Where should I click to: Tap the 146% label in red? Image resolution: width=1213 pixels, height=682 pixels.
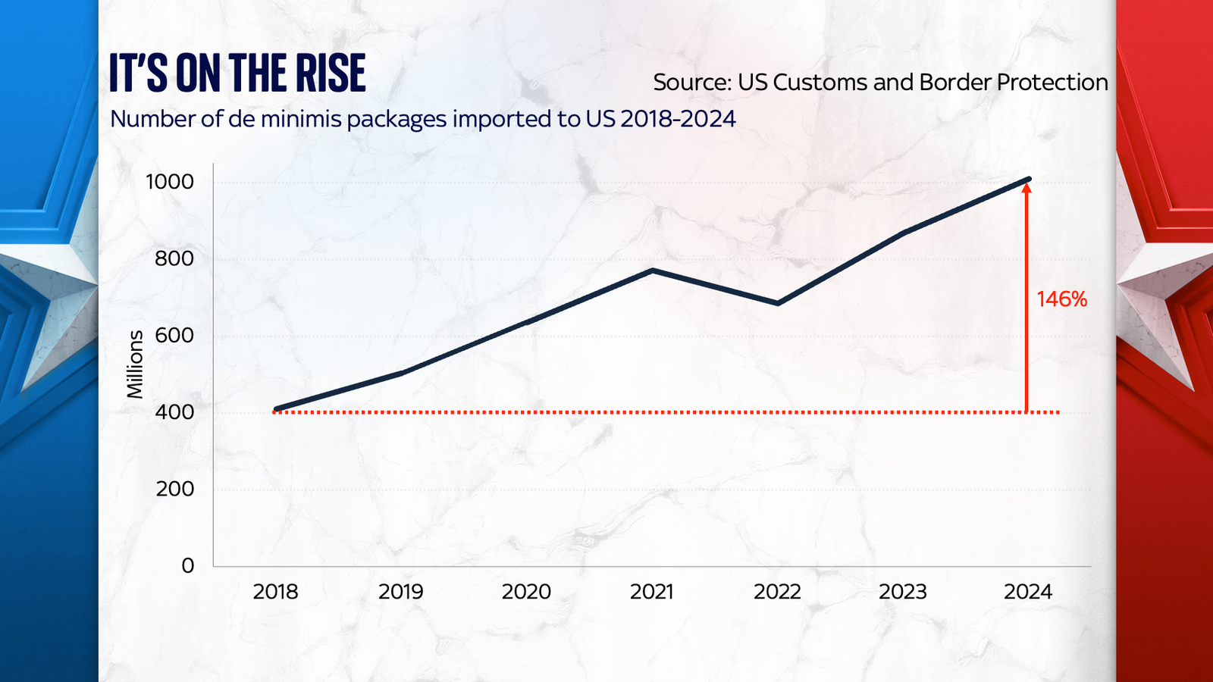(1061, 299)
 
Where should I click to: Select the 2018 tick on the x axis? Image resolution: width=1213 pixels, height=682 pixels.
(275, 592)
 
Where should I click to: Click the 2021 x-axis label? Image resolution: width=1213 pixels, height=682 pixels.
(651, 592)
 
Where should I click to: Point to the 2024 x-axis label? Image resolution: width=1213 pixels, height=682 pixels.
(1027, 592)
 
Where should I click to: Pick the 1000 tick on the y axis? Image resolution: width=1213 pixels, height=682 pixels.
(170, 182)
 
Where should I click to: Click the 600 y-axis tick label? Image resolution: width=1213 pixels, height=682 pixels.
(174, 335)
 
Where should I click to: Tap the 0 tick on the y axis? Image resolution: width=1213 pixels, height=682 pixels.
(187, 565)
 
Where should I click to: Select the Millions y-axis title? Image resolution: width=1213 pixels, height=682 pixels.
(135, 364)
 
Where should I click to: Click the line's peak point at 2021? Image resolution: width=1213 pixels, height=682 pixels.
(653, 271)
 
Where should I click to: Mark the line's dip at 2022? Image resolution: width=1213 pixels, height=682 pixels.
(778, 303)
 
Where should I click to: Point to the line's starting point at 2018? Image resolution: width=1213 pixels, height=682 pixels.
(277, 409)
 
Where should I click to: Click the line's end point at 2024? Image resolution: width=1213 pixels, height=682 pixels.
(1028, 180)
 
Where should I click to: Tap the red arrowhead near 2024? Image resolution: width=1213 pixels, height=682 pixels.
(1027, 189)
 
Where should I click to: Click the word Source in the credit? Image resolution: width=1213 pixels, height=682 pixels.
(692, 82)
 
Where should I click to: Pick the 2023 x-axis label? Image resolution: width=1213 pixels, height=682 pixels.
(902, 592)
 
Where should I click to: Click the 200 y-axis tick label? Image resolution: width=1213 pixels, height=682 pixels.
(174, 489)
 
